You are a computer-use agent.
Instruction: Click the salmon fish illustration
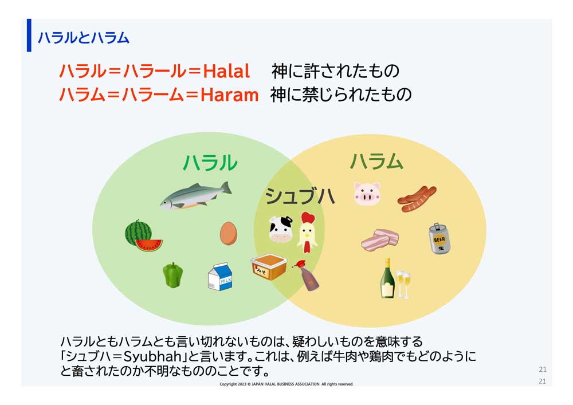195,195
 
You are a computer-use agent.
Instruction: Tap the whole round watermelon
138,232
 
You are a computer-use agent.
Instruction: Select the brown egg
228,233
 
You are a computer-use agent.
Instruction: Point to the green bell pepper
172,274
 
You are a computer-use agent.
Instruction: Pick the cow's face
281,229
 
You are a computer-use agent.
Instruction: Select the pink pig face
367,194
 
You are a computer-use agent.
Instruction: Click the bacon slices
379,241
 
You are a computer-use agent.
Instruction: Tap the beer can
439,238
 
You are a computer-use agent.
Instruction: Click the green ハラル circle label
210,163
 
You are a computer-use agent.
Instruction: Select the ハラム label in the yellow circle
376,162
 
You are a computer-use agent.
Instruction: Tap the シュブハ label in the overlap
300,196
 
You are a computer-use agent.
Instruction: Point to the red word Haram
230,95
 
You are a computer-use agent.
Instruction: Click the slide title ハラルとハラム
84,38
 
